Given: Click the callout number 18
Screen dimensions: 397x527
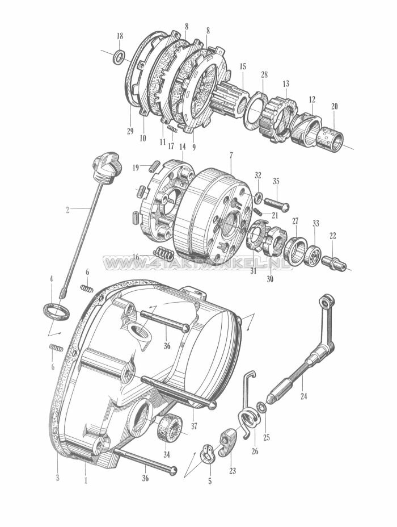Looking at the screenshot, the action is pyautogui.click(x=120, y=36).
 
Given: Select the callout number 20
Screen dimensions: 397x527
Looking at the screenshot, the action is pyautogui.click(x=334, y=107).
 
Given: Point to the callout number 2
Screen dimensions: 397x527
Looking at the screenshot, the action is pyautogui.click(x=68, y=210).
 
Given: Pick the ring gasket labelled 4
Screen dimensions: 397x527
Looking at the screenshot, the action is pyautogui.click(x=56, y=312).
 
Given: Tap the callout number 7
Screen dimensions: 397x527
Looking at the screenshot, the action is pyautogui.click(x=231, y=156).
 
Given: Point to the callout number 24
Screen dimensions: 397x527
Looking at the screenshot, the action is pyautogui.click(x=303, y=396).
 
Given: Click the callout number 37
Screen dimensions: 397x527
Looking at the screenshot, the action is pyautogui.click(x=194, y=426).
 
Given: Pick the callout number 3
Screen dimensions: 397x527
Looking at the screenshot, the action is pyautogui.click(x=57, y=478).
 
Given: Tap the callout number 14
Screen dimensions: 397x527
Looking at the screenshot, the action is pyautogui.click(x=183, y=147).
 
